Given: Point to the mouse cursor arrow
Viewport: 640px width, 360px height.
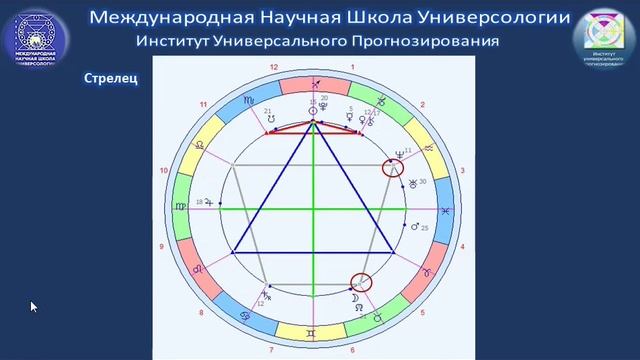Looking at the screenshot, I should point(33,306).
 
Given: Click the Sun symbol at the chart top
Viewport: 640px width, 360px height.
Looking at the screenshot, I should point(314,111).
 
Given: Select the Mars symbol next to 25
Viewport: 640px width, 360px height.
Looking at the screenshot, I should point(415,228).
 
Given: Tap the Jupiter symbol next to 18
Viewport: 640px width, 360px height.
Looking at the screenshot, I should point(209,202).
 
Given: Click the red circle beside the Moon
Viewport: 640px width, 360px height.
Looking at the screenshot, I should point(361,284).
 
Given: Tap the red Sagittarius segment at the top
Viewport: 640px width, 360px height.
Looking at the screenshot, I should point(314,85).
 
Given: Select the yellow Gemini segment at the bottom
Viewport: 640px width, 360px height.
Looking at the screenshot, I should point(313,332).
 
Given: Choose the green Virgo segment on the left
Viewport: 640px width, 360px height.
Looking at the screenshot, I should point(180,207).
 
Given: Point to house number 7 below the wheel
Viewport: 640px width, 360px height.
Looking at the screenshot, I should point(270,351).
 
